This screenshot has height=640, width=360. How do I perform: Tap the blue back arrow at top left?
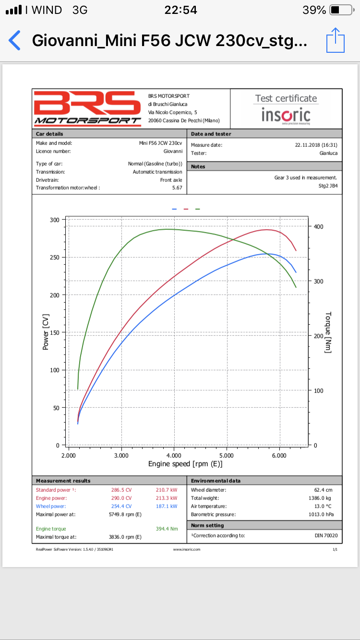(x=14, y=40)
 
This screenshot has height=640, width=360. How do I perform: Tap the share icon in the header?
(x=336, y=40)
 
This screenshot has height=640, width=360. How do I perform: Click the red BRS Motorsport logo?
(x=87, y=108)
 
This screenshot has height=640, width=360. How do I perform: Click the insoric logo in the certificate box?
(x=286, y=116)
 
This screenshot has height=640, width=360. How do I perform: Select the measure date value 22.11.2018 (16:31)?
(x=316, y=145)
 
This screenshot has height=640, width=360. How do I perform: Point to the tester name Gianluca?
(x=328, y=153)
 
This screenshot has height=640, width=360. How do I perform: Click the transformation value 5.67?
(x=177, y=188)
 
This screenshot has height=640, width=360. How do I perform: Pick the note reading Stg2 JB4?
(x=328, y=186)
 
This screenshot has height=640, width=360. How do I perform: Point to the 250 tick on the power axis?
(x=55, y=258)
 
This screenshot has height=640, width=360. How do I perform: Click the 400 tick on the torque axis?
(x=319, y=226)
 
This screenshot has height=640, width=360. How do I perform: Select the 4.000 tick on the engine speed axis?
(x=174, y=455)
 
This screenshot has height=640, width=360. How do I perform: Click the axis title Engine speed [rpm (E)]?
(x=185, y=464)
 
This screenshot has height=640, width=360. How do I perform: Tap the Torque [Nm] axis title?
(x=328, y=332)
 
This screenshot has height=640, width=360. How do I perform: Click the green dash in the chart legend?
(x=198, y=209)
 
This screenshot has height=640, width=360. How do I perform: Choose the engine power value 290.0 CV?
(x=121, y=498)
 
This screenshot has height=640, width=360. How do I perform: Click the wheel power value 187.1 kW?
(x=167, y=506)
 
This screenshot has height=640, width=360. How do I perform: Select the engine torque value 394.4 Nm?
(x=167, y=529)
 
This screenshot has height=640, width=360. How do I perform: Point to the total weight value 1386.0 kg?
(x=320, y=498)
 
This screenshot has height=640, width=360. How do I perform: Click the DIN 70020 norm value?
(x=326, y=535)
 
